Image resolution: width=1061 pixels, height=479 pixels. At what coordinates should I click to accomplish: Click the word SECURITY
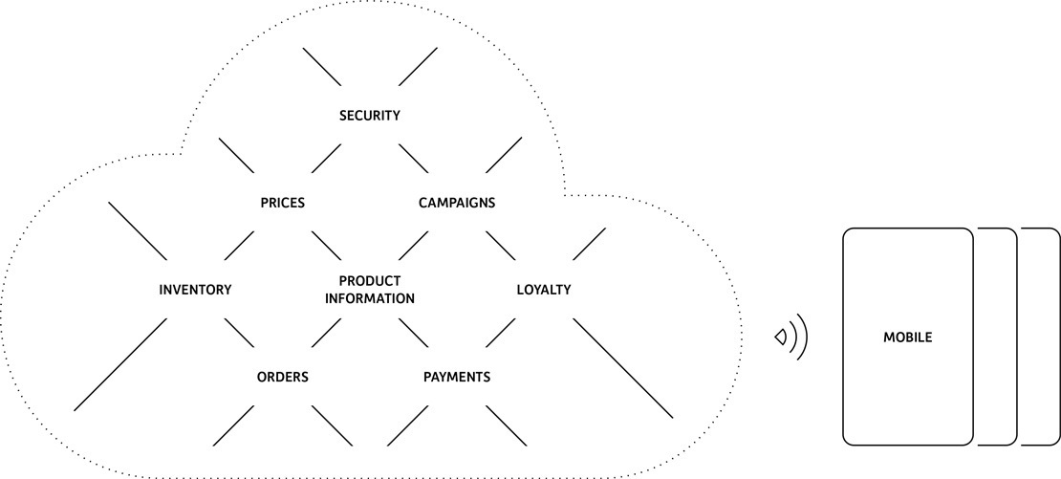369,116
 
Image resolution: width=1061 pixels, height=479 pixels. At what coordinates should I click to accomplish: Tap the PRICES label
282,203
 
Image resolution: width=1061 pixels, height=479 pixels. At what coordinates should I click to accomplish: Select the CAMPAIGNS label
457,203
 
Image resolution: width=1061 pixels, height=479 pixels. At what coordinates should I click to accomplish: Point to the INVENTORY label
195,290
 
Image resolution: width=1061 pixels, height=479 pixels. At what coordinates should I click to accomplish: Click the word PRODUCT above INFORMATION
370,281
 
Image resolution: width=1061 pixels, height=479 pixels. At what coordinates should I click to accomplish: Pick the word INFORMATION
370,298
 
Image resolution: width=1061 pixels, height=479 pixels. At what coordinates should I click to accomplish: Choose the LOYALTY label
544,290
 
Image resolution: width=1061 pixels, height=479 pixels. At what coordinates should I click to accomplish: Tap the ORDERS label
282,377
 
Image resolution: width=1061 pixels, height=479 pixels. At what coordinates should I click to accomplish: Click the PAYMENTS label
457,377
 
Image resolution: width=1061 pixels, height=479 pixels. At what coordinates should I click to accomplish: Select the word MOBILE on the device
907,337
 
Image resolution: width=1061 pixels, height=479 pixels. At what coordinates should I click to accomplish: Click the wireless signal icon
792,337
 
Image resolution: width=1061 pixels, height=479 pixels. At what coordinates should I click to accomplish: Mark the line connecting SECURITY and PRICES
326,159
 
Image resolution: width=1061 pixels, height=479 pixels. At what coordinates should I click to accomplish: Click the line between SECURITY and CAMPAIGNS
413,159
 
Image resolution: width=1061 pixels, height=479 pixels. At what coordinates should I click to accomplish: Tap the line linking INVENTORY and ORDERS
239,333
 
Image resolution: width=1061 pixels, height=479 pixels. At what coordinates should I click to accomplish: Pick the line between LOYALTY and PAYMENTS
501,333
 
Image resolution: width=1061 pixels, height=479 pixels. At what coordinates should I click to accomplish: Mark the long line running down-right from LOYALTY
623,368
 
